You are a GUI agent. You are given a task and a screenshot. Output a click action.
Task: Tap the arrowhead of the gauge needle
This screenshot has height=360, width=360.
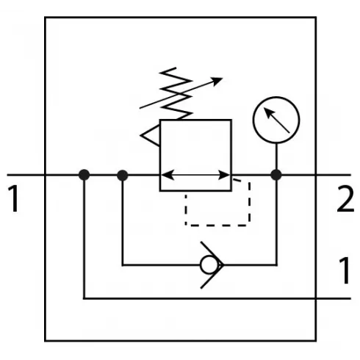(x=268, y=112)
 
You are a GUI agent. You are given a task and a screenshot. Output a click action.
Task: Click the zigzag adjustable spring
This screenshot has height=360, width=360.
(x=176, y=93)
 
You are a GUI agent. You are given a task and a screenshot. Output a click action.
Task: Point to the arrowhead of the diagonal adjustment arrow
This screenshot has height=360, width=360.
(x=217, y=81)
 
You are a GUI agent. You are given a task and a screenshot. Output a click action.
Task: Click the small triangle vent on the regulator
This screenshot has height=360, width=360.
(x=150, y=135)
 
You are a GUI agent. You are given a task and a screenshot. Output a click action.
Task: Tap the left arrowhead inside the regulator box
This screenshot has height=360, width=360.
(x=168, y=176)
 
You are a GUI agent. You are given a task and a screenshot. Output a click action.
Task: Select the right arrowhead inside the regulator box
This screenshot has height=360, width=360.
(x=224, y=176)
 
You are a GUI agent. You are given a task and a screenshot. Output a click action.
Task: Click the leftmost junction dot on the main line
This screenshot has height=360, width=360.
(x=84, y=175)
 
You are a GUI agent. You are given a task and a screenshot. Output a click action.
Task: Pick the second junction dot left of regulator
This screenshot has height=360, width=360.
(x=123, y=176)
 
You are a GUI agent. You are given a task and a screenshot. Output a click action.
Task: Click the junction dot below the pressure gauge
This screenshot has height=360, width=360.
(x=276, y=175)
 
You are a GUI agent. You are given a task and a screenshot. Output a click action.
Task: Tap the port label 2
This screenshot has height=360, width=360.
(x=345, y=198)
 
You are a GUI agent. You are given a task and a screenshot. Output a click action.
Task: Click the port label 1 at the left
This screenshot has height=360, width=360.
(x=14, y=198)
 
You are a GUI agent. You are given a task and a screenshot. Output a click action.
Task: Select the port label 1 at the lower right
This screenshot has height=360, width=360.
(x=345, y=270)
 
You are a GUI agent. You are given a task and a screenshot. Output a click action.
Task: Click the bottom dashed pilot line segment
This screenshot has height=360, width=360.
(x=217, y=225)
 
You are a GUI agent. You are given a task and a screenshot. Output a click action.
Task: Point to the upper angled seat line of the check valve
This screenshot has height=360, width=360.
(x=212, y=253)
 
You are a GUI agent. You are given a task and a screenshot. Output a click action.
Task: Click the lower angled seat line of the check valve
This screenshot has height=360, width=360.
(x=212, y=276)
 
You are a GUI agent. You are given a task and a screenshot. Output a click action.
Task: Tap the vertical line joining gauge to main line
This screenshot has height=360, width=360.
(x=276, y=156)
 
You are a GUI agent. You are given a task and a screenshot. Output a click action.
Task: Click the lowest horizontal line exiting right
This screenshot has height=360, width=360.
(x=217, y=298)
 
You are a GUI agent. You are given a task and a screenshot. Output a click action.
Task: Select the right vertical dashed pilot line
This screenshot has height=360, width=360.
(x=249, y=202)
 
